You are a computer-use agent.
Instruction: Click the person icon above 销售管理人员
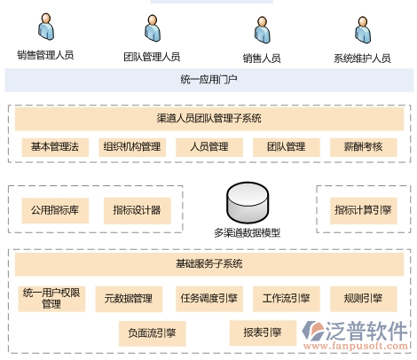click(x=46, y=27)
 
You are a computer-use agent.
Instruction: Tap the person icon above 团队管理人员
click(x=153, y=28)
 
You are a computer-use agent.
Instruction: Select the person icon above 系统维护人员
click(x=363, y=30)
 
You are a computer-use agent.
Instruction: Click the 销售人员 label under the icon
click(x=262, y=59)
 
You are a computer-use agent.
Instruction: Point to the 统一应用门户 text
click(x=209, y=80)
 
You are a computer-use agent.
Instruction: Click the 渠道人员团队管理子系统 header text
click(x=209, y=118)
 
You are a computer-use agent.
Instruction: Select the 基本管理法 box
click(x=55, y=147)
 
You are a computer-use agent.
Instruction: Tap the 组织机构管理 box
click(x=132, y=147)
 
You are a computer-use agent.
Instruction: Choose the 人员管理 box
click(x=209, y=147)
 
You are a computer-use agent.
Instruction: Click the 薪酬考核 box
click(x=364, y=147)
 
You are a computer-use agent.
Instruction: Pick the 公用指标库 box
click(x=55, y=210)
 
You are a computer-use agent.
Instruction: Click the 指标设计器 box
click(x=138, y=210)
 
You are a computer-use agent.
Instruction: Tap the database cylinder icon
click(x=248, y=202)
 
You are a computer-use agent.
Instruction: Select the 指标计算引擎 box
click(x=364, y=210)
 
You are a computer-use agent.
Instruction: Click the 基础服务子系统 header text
click(x=209, y=263)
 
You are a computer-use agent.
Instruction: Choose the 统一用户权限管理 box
click(x=51, y=299)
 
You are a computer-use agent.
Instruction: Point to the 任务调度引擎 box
click(x=209, y=299)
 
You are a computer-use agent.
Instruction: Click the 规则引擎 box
click(x=364, y=299)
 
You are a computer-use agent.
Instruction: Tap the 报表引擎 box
click(x=263, y=333)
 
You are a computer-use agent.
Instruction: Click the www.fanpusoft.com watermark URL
click(x=356, y=346)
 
